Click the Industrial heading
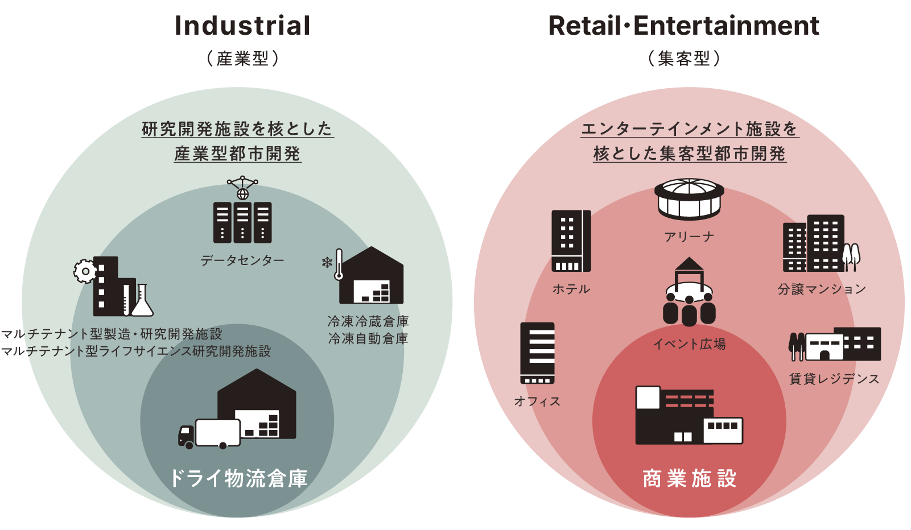point(242,26)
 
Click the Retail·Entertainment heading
point(683,26)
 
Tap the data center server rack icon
point(242,222)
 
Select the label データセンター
point(242,260)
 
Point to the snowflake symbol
point(327,263)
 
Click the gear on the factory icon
point(85,271)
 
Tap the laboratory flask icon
point(142,301)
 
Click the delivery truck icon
point(209,434)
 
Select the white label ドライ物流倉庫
point(238,479)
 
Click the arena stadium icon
point(689,199)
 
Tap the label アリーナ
point(689,237)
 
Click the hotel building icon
point(571,241)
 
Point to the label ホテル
point(571,289)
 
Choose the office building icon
point(537,353)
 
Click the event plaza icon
point(689,293)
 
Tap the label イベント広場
point(689,344)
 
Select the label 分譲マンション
point(822,289)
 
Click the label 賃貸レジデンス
point(834,379)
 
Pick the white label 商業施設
point(689,479)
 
